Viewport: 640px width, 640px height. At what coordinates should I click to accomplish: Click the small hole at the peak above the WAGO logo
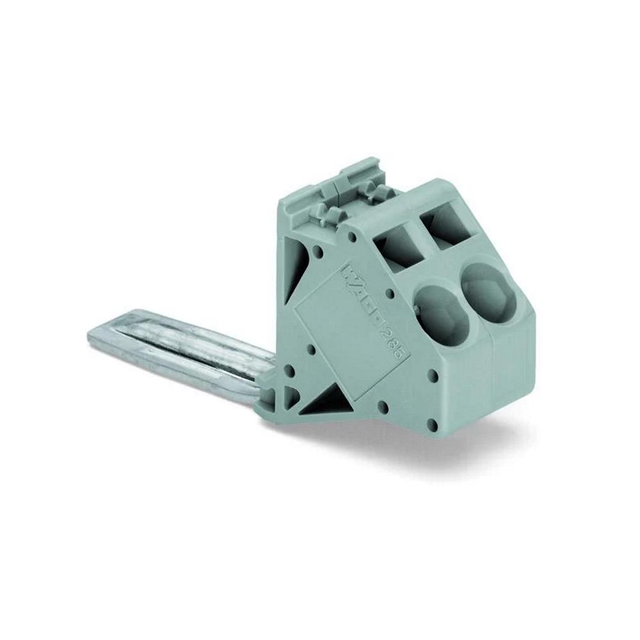tap(351, 237)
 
